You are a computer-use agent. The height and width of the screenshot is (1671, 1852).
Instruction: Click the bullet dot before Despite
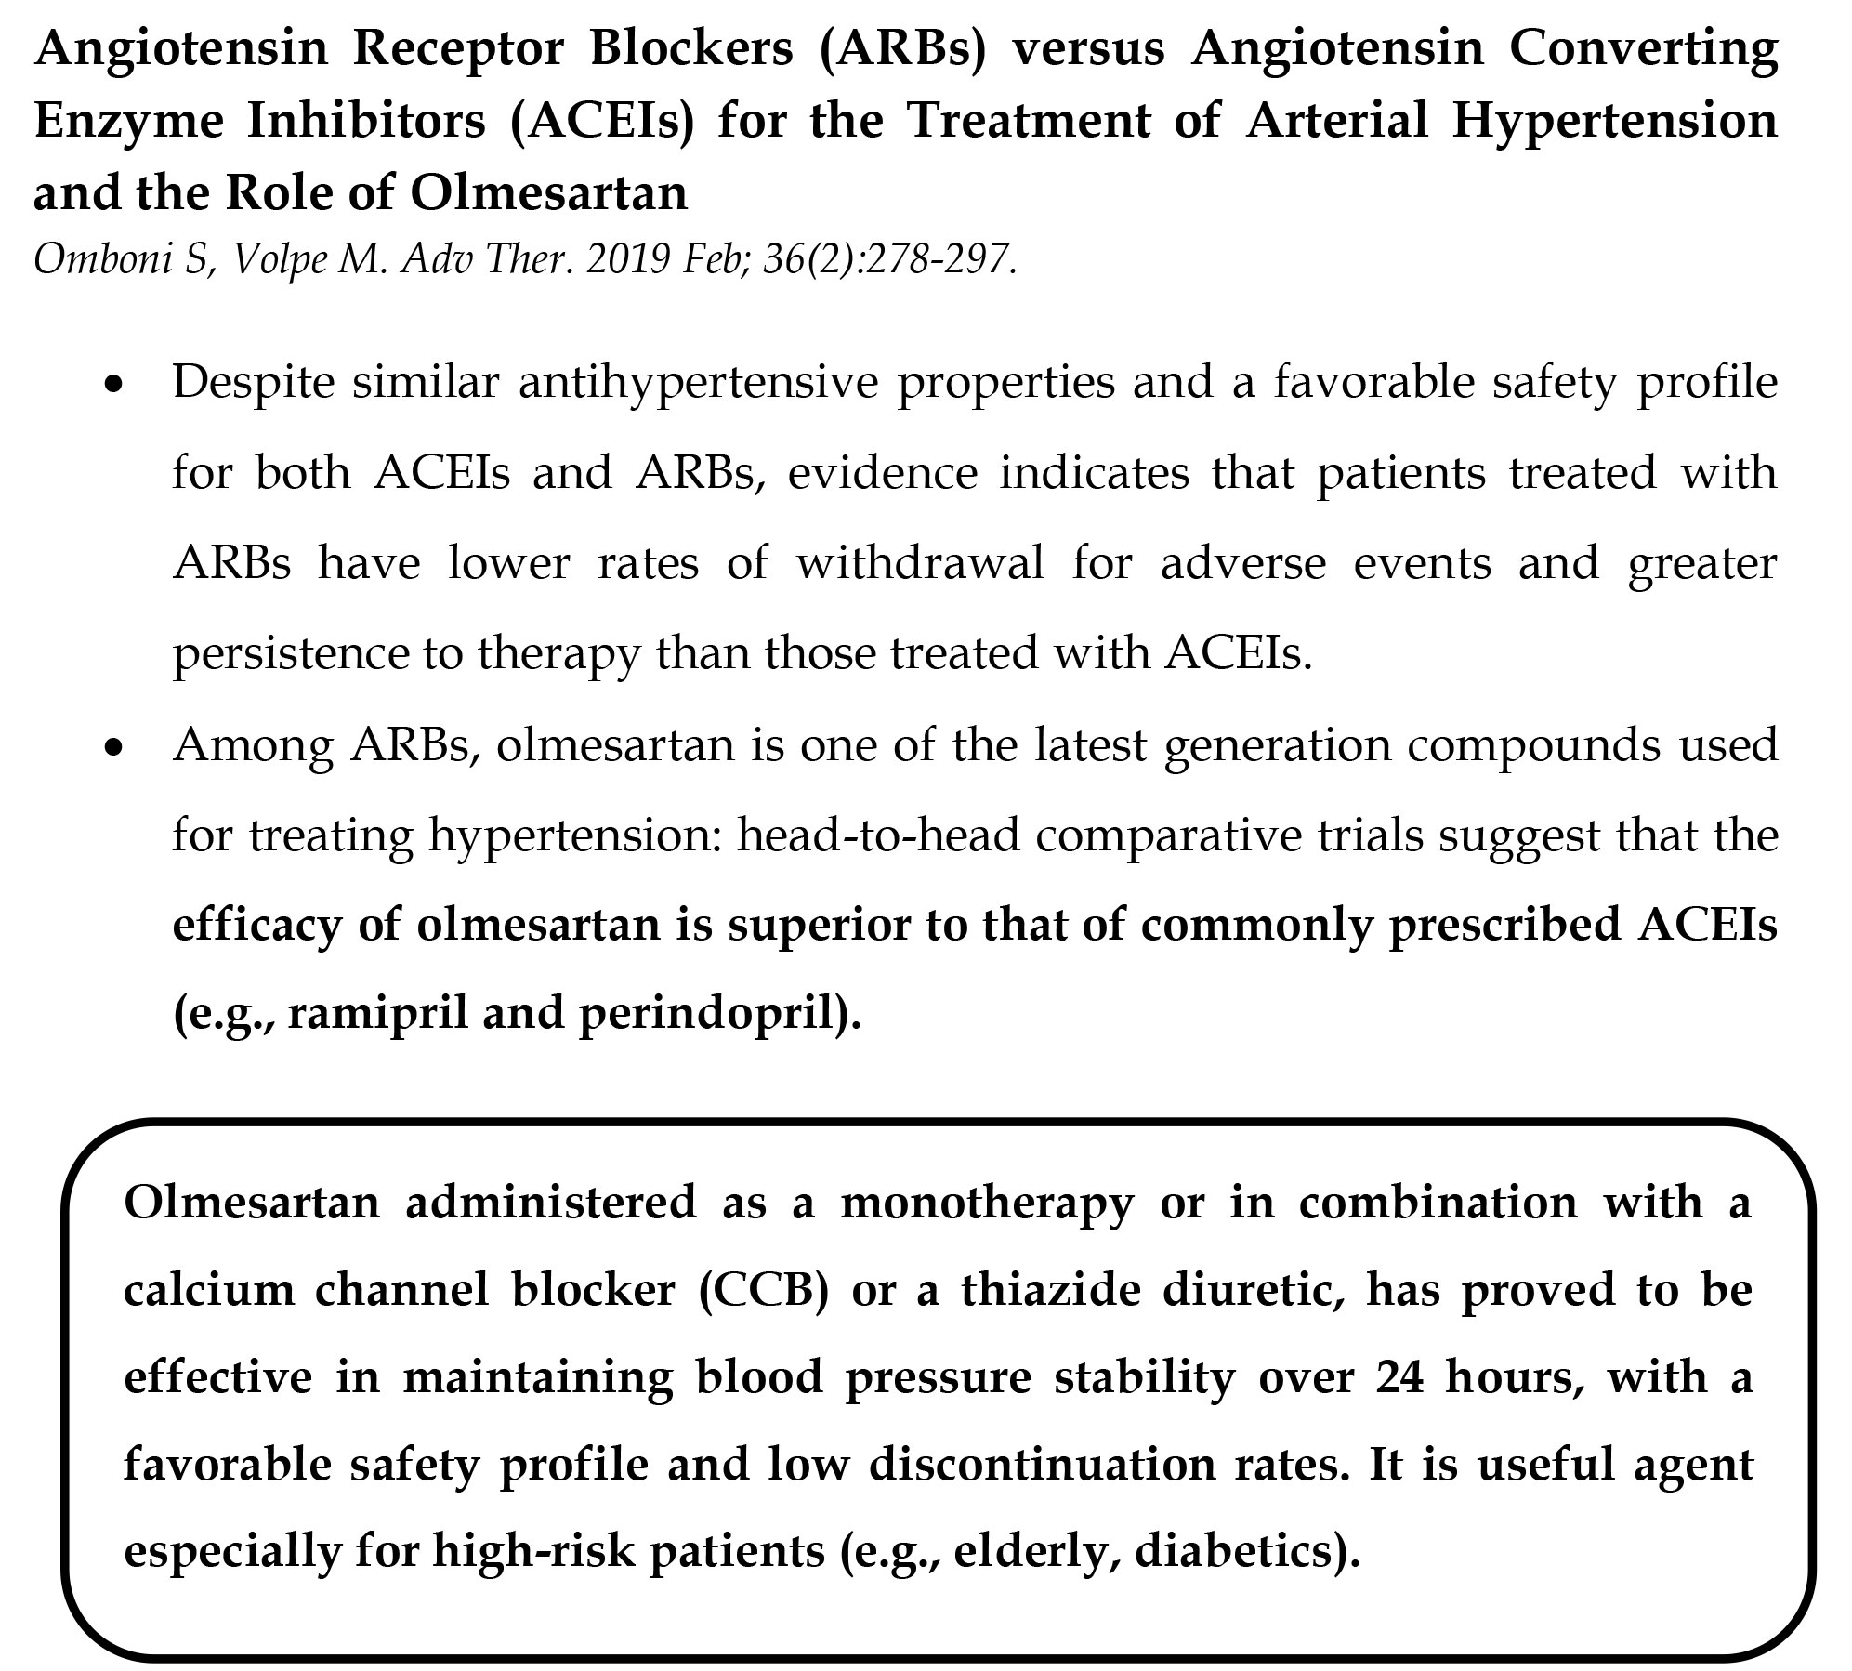point(113,384)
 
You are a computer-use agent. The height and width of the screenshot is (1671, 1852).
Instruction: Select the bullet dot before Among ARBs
point(113,747)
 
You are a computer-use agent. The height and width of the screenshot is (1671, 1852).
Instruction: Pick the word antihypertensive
point(697,382)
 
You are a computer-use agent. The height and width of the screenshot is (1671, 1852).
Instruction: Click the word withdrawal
point(920,564)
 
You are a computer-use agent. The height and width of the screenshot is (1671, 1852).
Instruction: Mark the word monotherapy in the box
point(987,1203)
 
